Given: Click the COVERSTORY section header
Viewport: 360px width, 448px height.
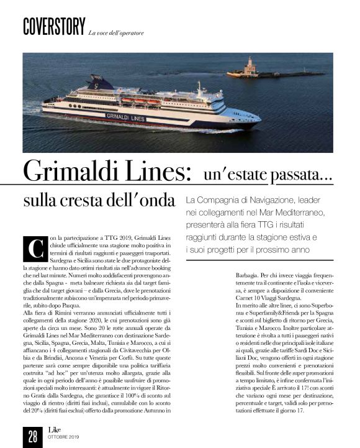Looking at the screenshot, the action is click(53, 27).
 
